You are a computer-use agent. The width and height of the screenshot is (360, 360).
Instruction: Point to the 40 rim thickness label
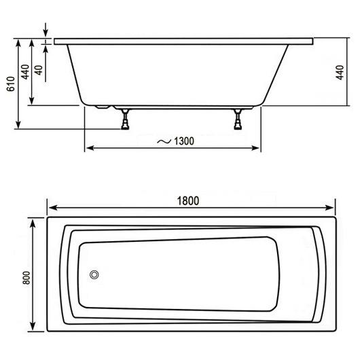tap(39, 69)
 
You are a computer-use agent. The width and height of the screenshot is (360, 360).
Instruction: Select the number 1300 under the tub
tap(183, 141)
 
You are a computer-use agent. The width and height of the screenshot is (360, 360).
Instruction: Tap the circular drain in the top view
tap(94, 275)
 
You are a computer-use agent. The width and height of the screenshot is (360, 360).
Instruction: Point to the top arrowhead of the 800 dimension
tap(33, 221)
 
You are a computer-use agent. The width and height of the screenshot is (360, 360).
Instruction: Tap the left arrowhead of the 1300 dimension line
tap(88, 149)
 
